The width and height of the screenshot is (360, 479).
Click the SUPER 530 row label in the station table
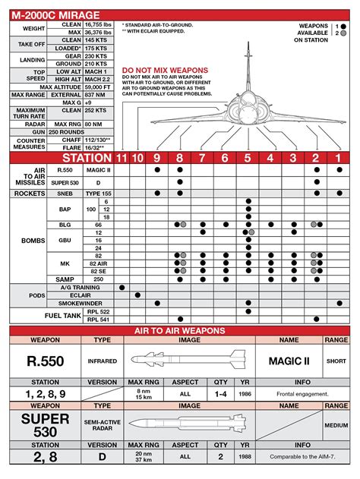coord(61,182)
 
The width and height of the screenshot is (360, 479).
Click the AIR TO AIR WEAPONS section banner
coord(180,331)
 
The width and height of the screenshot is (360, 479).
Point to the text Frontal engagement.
coord(303,395)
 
